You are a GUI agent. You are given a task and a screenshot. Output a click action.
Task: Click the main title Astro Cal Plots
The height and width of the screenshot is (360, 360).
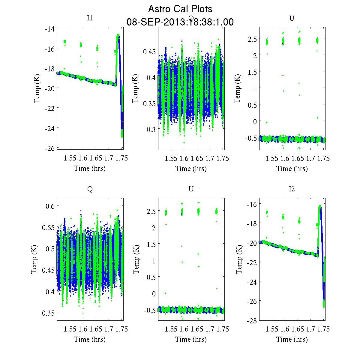point(180,9)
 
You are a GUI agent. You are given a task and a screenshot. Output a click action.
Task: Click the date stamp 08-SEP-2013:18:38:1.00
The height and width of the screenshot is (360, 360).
point(180,22)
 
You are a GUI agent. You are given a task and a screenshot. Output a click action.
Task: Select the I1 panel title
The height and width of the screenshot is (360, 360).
point(90,18)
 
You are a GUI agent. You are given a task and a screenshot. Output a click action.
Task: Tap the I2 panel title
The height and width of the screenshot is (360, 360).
point(292,189)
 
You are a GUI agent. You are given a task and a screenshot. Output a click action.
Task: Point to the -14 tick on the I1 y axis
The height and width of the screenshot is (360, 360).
point(49,29)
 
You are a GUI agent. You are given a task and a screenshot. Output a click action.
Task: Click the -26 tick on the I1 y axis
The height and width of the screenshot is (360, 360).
point(49,148)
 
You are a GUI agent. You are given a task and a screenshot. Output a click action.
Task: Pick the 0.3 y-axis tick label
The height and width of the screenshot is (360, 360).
point(151,129)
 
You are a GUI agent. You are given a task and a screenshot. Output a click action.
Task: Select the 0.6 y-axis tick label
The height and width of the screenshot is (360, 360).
point(50,206)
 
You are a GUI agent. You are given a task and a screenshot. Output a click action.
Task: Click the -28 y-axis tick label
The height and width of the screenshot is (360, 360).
point(251,321)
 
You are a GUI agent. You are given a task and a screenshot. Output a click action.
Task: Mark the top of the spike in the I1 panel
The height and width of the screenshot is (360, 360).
point(118,35)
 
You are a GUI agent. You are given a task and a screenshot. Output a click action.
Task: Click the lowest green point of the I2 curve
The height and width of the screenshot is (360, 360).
point(324,306)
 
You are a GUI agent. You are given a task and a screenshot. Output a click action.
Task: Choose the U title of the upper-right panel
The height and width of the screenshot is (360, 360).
point(292,18)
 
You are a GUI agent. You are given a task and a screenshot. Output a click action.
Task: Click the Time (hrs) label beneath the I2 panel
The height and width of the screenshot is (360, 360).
point(292,339)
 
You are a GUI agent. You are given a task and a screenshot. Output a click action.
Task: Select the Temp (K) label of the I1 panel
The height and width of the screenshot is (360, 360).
point(37,88)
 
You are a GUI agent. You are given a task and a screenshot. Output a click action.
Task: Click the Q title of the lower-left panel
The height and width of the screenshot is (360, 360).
point(90,189)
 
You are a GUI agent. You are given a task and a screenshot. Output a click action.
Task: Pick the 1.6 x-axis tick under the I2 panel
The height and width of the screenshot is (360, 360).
point(284,329)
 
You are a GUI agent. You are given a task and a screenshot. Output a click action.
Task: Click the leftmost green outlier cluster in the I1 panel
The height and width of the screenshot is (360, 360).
point(64,42)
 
